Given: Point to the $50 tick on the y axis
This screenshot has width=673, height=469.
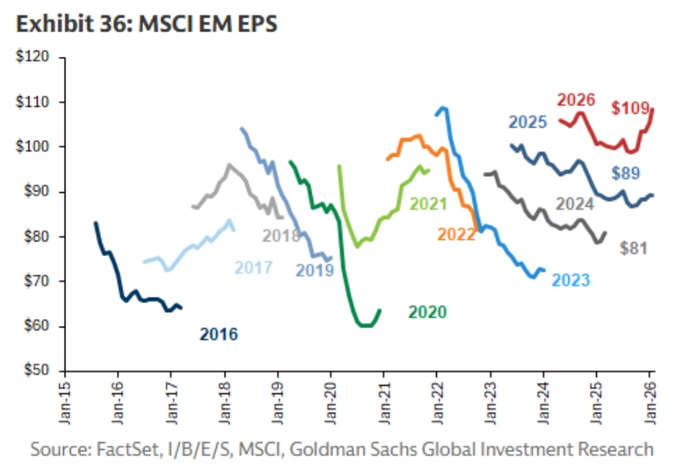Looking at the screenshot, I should (x=34, y=371).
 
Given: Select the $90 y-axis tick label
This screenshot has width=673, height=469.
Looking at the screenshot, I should (x=34, y=192).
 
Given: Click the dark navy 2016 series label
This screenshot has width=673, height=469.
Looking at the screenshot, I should (x=218, y=334).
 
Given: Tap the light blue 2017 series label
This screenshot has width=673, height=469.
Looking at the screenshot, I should (x=254, y=268).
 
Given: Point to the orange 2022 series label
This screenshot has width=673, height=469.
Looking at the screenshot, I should (x=457, y=234).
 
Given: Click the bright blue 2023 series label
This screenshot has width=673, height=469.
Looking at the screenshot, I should (x=571, y=280).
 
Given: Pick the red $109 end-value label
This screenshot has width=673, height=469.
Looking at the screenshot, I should (x=631, y=108).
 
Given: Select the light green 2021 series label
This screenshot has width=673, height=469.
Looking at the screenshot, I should (x=429, y=204).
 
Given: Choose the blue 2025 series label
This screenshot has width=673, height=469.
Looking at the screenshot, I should (x=527, y=122).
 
